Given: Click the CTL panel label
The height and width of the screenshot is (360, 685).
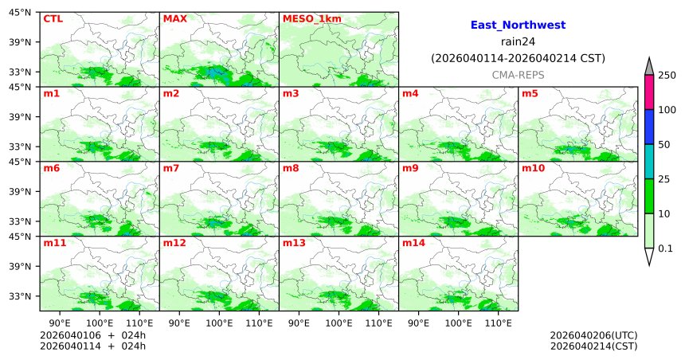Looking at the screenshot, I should point(53,18).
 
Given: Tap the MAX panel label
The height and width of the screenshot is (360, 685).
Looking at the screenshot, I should point(174,18).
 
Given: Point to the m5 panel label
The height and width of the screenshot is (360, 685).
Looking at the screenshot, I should point(530,94).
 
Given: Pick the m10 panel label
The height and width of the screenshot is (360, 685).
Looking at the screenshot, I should point(533,169).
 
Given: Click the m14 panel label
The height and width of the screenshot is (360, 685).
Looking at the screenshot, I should point(413,244).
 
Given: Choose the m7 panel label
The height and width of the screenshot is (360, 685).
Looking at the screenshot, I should point(171,169).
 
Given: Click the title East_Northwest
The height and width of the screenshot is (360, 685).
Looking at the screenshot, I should point(518,25).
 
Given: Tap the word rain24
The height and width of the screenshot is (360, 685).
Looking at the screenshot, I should point(518,41).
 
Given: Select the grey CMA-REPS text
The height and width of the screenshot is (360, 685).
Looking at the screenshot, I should point(518,74).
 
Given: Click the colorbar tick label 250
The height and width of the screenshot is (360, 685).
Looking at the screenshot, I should point(667,76).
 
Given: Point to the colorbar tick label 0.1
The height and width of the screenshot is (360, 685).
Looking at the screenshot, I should point(665,248).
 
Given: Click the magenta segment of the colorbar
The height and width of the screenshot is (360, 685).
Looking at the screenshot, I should point(649,92).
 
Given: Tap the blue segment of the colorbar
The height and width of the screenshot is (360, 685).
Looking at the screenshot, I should point(649,127).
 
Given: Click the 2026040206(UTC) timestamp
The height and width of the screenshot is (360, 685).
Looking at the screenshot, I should point(593,335).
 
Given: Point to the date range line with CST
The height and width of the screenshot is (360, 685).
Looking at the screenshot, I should point(518,58).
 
